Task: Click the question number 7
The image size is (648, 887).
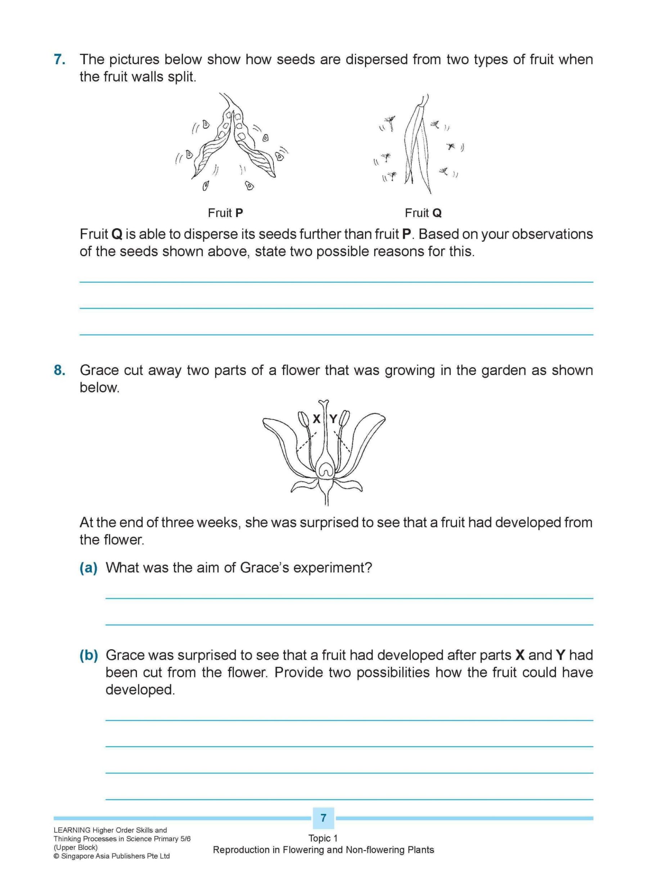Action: (x=60, y=60)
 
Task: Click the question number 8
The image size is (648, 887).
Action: (x=60, y=370)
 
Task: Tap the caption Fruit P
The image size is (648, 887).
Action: (x=225, y=213)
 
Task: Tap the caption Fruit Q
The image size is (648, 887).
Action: (x=423, y=213)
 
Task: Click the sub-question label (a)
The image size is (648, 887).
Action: (x=89, y=568)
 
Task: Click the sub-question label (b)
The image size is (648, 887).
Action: (x=89, y=655)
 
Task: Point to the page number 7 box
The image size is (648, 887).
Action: (x=323, y=818)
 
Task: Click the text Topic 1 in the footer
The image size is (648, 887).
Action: (x=323, y=838)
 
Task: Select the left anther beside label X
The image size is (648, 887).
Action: (x=303, y=420)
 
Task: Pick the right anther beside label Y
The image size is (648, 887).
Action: (x=344, y=418)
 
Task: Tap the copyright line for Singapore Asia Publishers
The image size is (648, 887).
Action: (x=112, y=856)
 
